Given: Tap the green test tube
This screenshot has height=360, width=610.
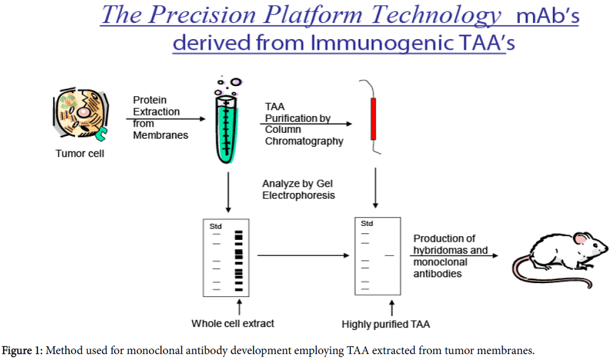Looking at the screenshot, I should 227,129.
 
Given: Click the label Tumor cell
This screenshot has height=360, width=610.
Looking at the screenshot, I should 80,154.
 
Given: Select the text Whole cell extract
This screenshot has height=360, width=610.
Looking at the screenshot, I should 233,323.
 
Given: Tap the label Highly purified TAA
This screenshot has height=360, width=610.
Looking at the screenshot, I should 386,325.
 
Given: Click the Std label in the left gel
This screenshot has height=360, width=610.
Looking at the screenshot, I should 215,227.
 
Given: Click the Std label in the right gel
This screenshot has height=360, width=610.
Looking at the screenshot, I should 367,224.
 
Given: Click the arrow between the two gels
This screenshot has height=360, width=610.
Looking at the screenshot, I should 303,255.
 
